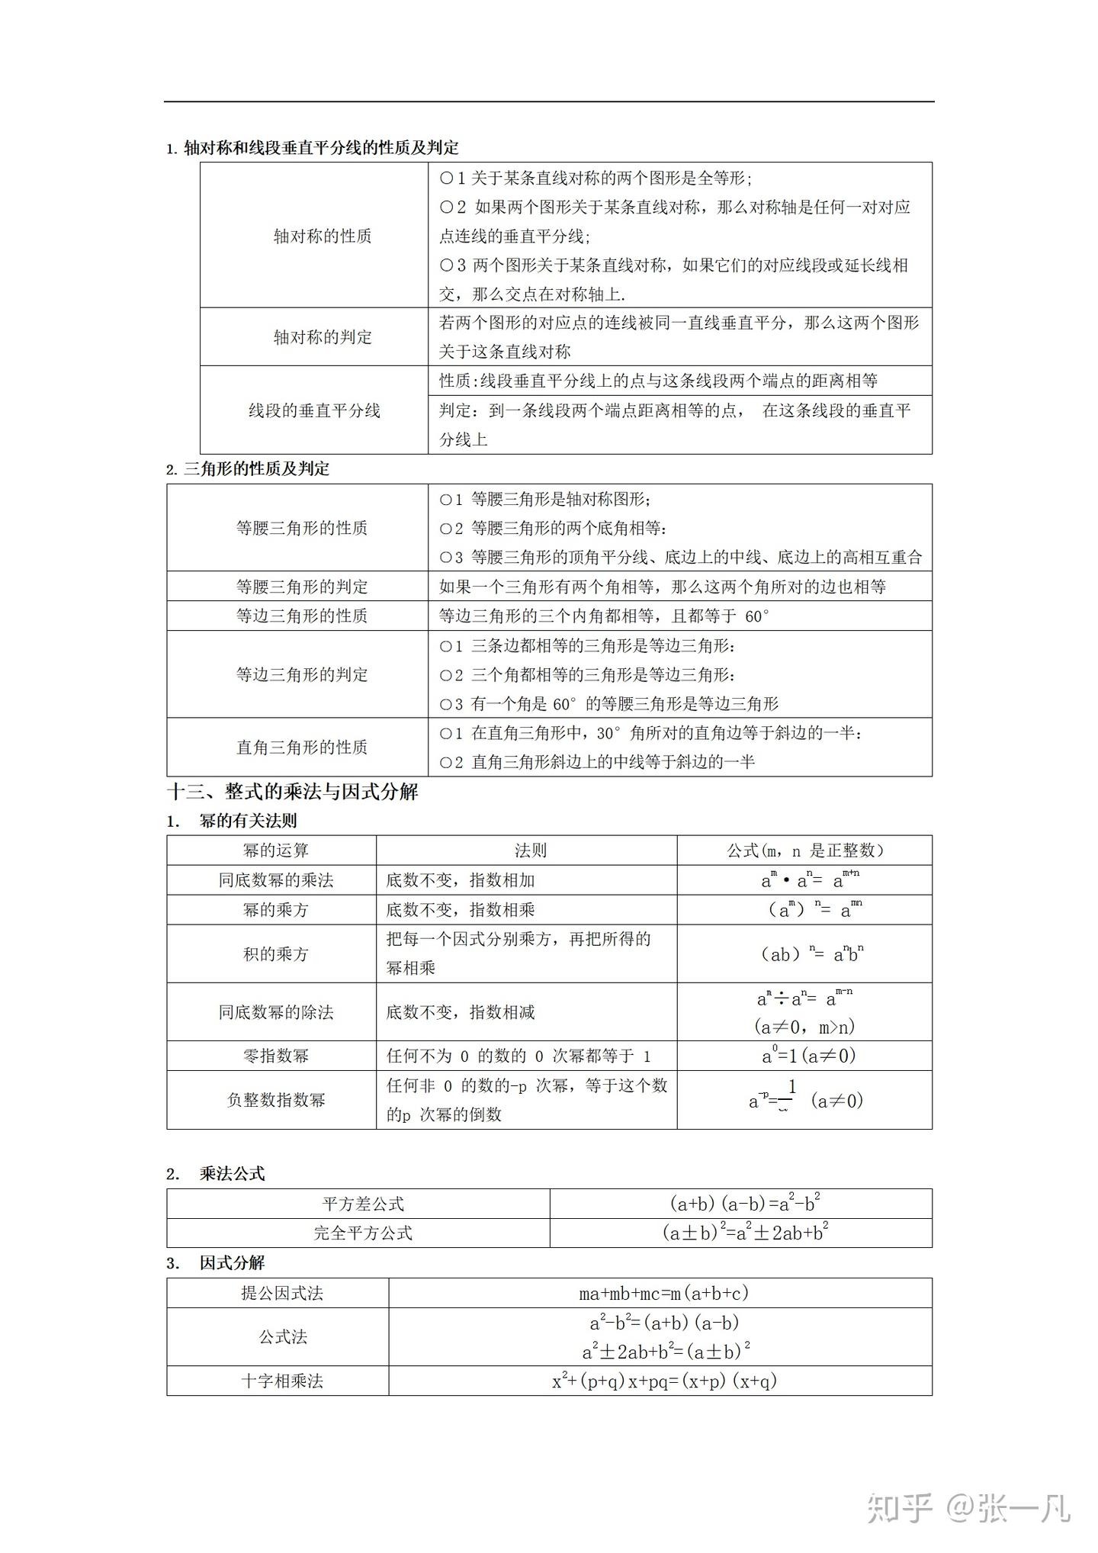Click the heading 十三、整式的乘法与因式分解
[293, 792]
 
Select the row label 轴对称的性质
[323, 236]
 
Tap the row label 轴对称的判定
[323, 337]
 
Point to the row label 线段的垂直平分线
[314, 410]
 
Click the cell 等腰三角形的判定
[302, 587]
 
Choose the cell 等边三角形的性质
[302, 616]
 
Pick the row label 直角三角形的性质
[302, 747]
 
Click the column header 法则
[530, 850]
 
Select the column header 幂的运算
[275, 850]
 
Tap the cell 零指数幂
[275, 1056]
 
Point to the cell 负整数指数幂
[275, 1100]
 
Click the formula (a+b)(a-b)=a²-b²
[744, 1204]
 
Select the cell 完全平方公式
[363, 1233]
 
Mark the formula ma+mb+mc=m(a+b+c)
[663, 1293]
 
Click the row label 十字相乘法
[282, 1381]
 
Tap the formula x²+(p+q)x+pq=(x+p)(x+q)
[663, 1381]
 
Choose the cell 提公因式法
[282, 1293]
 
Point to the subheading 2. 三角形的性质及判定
[249, 469]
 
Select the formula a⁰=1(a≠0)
[808, 1056]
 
